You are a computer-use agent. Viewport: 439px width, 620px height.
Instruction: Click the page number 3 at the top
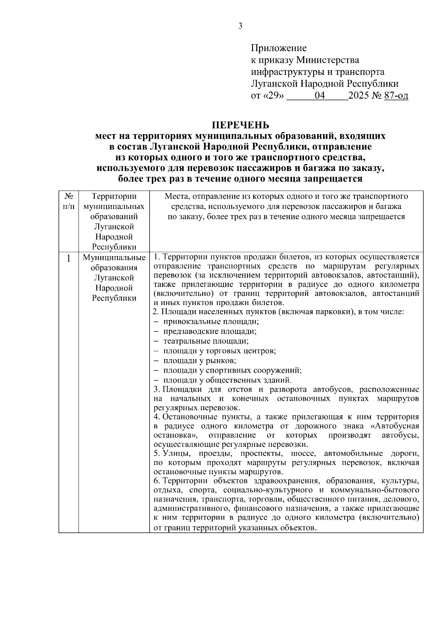tap(240, 26)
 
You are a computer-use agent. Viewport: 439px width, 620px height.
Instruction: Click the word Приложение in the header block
tap(279, 48)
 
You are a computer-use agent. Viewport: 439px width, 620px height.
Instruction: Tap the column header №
tap(68, 196)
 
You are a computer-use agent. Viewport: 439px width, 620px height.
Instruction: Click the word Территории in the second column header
tap(114, 197)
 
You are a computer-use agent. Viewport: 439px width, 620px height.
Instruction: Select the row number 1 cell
tap(68, 259)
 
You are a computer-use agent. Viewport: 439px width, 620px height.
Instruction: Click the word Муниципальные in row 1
tap(114, 258)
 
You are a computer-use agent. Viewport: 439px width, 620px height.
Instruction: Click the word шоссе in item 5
tap(303, 453)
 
